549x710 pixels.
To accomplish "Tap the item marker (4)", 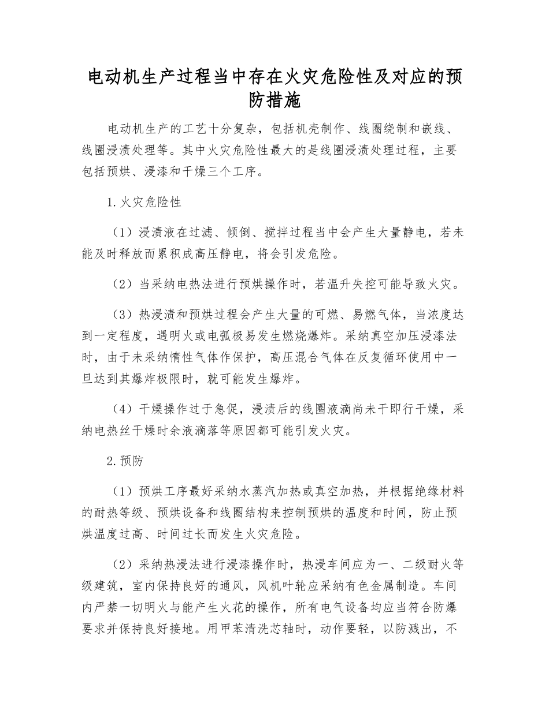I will (x=122, y=409).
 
